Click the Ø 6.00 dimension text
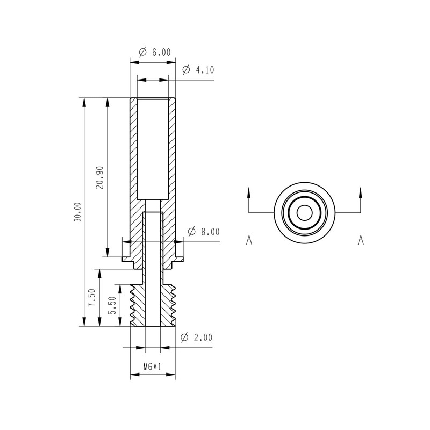click(x=155, y=52)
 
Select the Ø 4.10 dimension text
click(x=198, y=70)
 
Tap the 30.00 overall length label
click(x=77, y=212)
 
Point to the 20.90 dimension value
click(x=101, y=177)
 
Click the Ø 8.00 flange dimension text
click(x=204, y=232)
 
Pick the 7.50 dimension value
click(x=91, y=298)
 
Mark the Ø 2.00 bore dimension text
click(x=196, y=338)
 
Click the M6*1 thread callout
click(x=153, y=367)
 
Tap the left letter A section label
click(x=249, y=240)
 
